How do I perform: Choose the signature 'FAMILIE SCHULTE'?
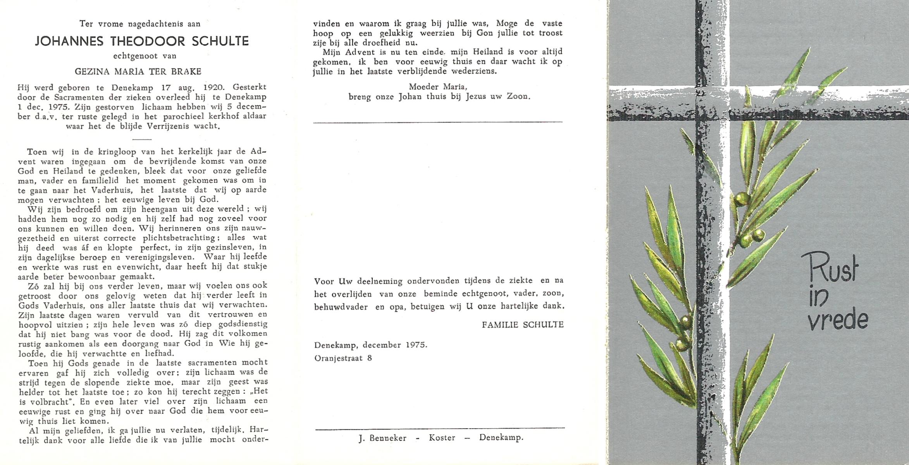tap(523, 325)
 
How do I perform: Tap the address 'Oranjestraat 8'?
tap(343, 358)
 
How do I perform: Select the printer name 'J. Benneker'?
tap(382, 438)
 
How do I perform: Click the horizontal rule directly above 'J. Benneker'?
tap(440, 428)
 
